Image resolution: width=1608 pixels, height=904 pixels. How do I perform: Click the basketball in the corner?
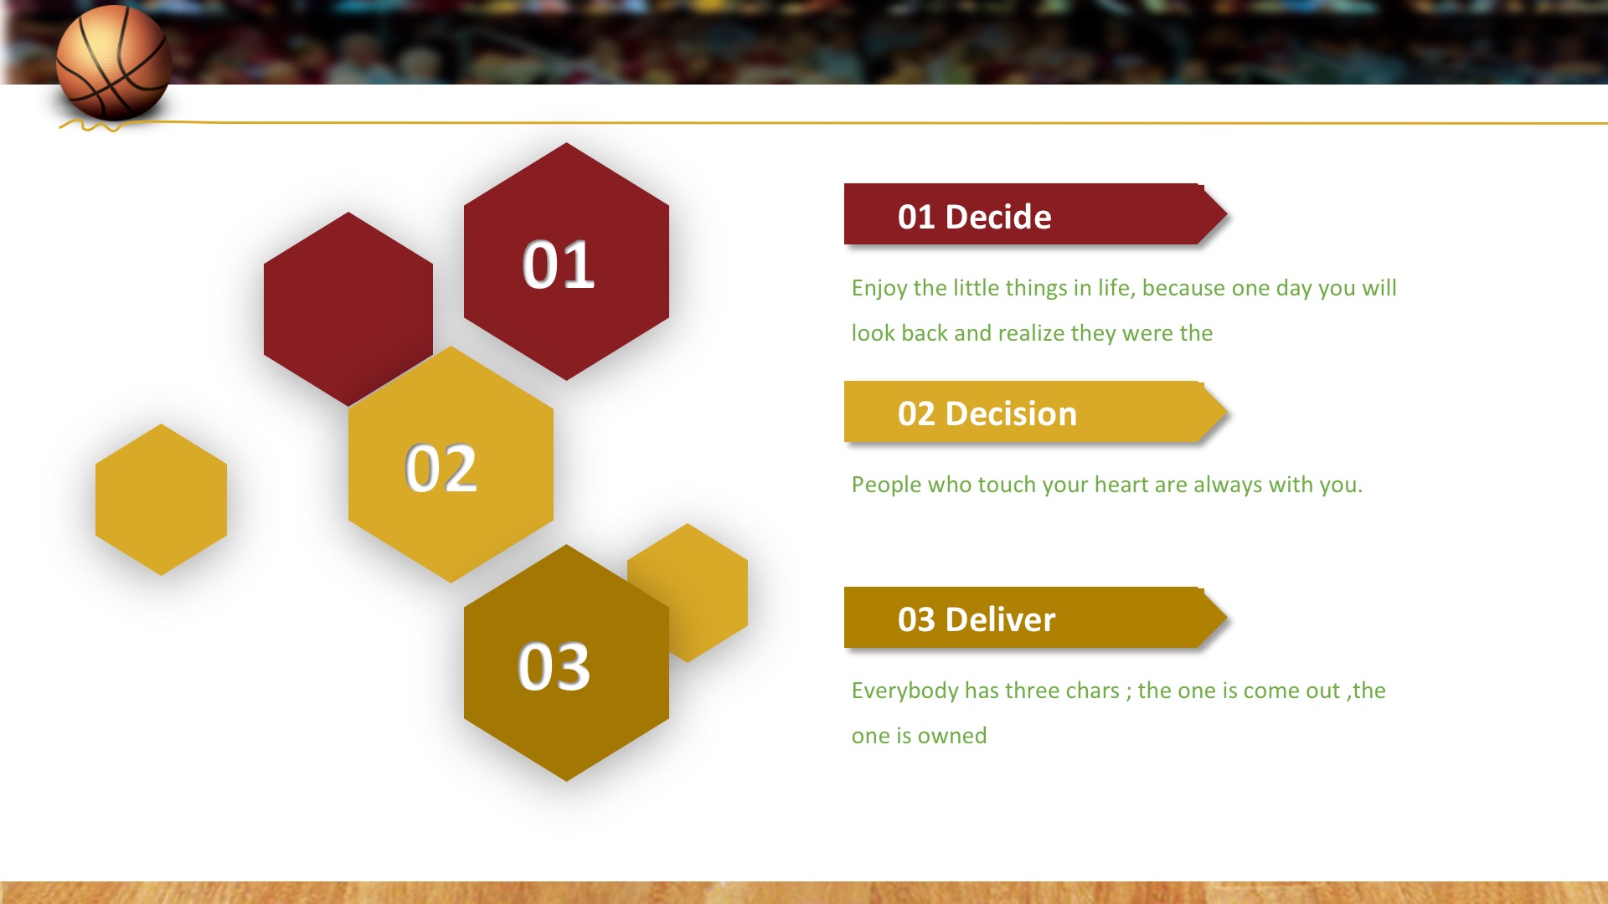[x=114, y=62]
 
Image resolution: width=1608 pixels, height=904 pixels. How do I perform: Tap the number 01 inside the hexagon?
[x=559, y=265]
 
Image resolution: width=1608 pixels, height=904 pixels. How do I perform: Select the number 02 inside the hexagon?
[x=441, y=468]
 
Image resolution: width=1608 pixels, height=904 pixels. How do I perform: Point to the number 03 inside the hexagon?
[x=554, y=667]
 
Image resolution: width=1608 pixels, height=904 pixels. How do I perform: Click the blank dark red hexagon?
[x=348, y=309]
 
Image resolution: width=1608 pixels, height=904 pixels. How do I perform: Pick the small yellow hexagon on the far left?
[x=161, y=500]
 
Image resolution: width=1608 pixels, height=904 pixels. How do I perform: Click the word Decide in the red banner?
[x=998, y=217]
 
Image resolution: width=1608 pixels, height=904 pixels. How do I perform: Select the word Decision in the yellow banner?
[x=1011, y=413]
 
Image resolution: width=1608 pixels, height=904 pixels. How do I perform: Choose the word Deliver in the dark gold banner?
[x=1000, y=619]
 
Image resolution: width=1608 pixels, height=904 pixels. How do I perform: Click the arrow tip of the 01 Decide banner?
[x=1227, y=214]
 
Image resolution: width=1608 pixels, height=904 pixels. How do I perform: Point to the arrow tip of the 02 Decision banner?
[x=1227, y=412]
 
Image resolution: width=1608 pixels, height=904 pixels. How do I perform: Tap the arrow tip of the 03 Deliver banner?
[x=1227, y=618]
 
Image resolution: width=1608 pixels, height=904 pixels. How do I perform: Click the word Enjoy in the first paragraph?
[x=879, y=289]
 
